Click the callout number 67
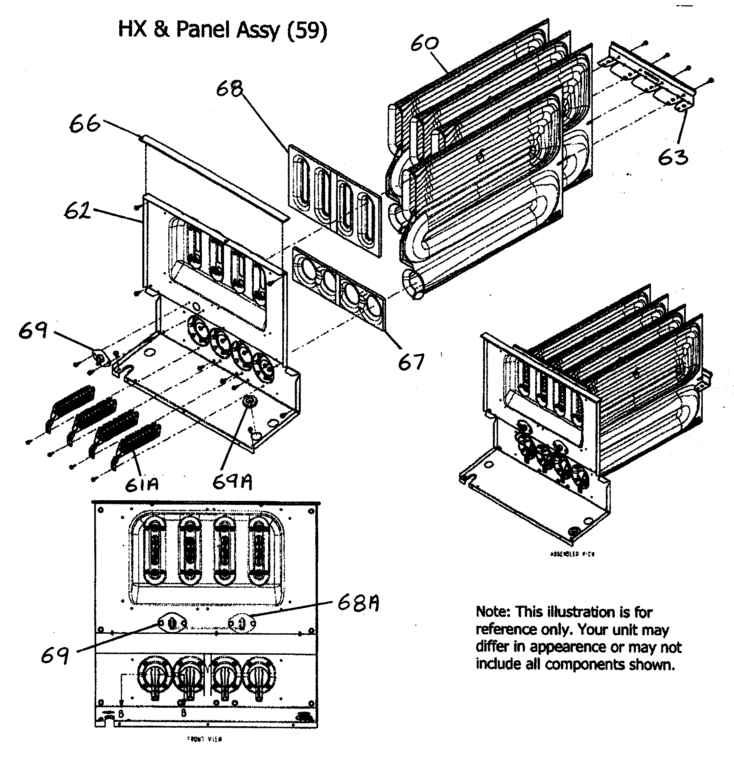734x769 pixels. pyautogui.click(x=411, y=362)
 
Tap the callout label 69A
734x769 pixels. pyautogui.click(x=232, y=482)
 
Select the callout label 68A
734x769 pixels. pyautogui.click(x=358, y=604)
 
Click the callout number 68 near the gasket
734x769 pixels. pyautogui.click(x=230, y=89)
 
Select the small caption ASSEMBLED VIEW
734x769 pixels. pyautogui.click(x=573, y=554)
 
